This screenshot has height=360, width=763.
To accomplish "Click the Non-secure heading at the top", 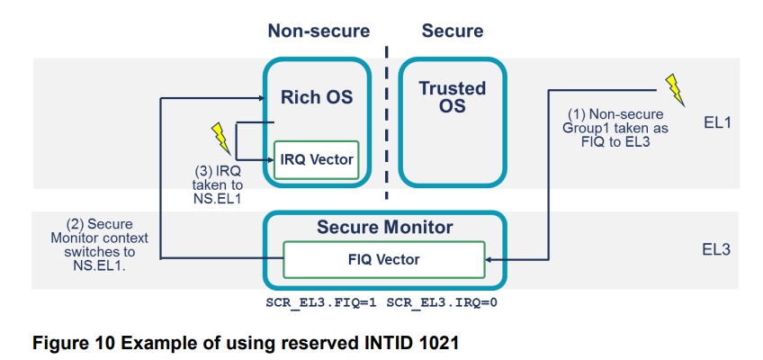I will click(x=318, y=31).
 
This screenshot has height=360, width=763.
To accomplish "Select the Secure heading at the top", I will click(x=452, y=31).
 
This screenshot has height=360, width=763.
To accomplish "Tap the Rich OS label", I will click(x=317, y=96).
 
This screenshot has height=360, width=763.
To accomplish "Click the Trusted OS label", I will click(x=453, y=97).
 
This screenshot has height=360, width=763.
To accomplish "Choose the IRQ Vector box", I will click(x=316, y=160).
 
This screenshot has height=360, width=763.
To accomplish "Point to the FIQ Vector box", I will click(x=384, y=259).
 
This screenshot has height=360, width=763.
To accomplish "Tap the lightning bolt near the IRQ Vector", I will click(x=219, y=137).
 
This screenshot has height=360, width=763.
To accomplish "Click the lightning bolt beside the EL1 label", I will click(x=674, y=89).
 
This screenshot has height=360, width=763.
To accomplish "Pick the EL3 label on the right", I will click(x=717, y=249).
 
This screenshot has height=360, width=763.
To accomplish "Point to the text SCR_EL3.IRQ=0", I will click(x=442, y=302).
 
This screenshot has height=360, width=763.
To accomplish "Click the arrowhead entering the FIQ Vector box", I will click(x=489, y=259).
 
